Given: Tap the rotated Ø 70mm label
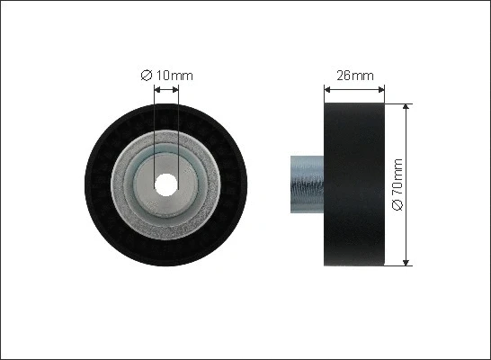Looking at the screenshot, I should click(398, 184).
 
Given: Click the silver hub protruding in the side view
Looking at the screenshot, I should click(307, 184).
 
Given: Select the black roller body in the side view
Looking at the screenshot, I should click(354, 184).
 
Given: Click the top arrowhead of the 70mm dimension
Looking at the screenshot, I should click(407, 107).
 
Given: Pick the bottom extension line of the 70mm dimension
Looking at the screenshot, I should click(400, 265).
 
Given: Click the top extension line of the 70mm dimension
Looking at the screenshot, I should click(400, 103).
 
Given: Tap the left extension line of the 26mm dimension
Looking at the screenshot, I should click(325, 94).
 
